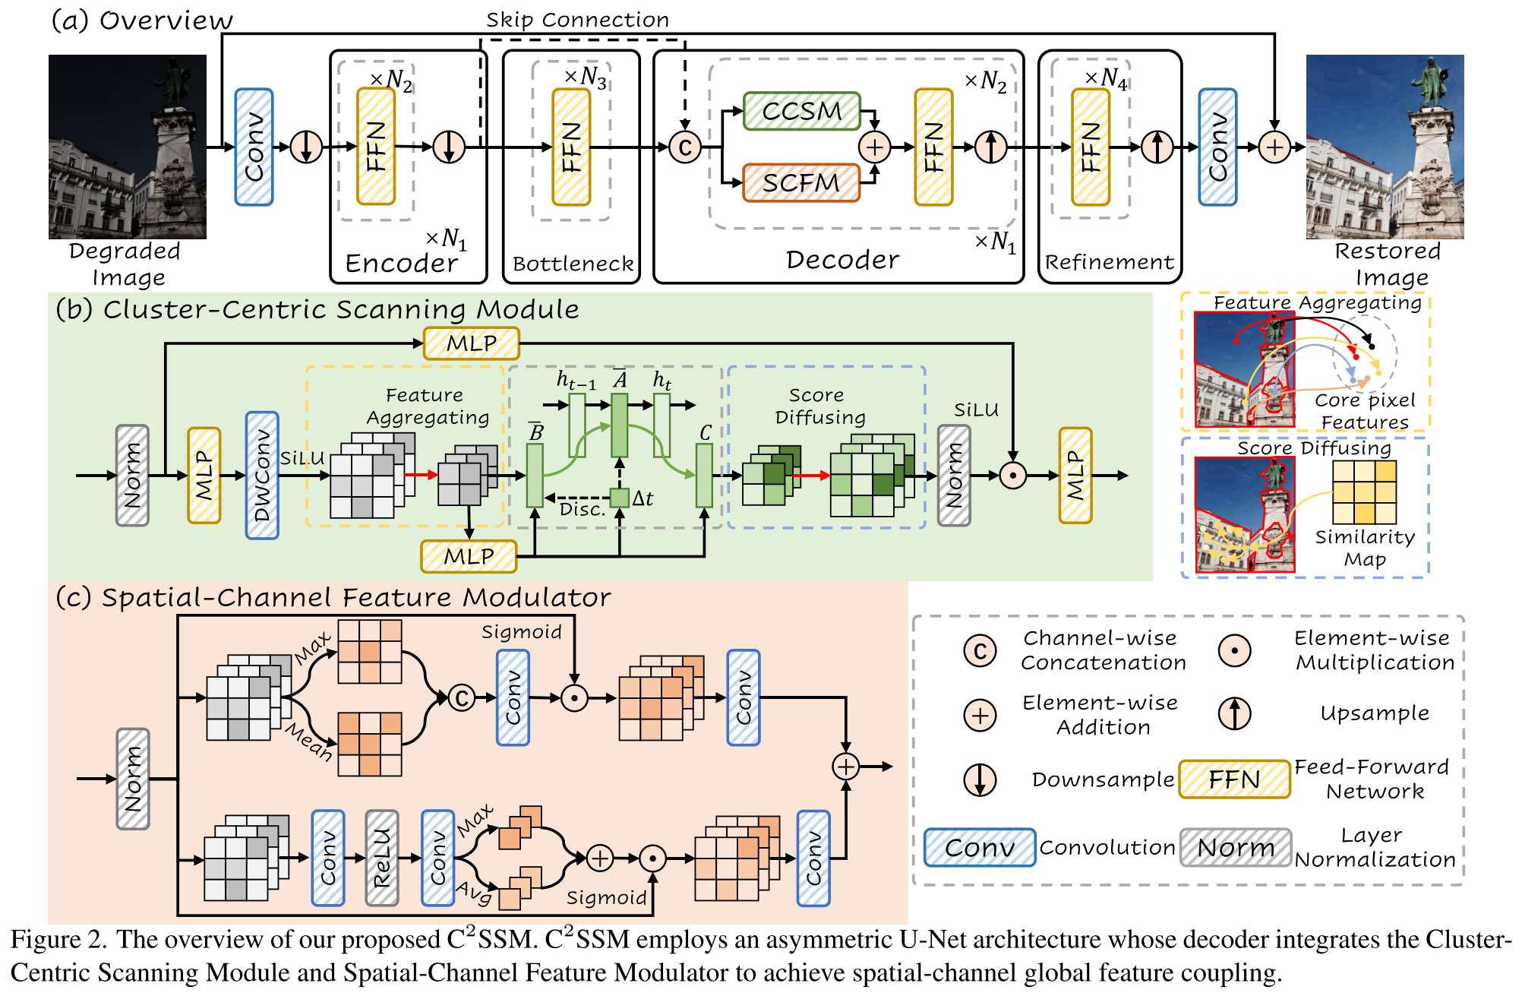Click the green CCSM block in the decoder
pos(801,111)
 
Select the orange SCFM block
pos(801,183)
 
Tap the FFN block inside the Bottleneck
pos(571,147)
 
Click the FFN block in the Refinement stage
pos(1090,147)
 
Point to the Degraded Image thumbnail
pos(128,147)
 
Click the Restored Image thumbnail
pos(1385,147)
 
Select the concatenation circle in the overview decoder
pos(684,147)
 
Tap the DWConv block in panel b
pos(262,476)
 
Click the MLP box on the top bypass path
pos(471,343)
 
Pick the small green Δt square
pos(620,498)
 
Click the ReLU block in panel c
pos(381,858)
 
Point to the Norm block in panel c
pos(133,779)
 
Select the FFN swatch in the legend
pos(1234,779)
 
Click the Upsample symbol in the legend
pos(1234,713)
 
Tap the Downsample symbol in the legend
pos(980,779)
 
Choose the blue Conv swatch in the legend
pos(979,847)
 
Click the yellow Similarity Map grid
pos(1364,492)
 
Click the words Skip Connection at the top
pos(577,20)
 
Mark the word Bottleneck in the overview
pos(573,264)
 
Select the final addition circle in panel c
pos(845,767)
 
